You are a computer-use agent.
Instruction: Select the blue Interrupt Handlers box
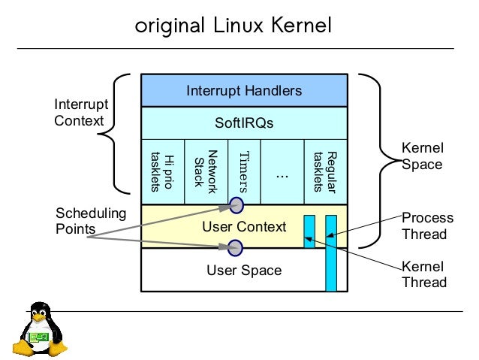pos(244,91)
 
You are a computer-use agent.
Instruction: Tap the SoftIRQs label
pos(244,123)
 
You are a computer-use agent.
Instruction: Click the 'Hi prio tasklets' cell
pos(163,171)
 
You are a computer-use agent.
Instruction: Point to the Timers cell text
pos(243,171)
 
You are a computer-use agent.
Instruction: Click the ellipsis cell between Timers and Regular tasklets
pos(282,173)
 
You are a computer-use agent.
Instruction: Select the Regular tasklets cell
pos(325,171)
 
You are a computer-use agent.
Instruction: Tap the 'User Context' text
pos(244,226)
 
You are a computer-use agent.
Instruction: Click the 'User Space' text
pos(244,271)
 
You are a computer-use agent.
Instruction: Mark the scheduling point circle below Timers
pos(236,204)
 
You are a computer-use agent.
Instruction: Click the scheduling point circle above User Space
pos(235,247)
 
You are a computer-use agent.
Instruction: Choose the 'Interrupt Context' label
pos(81,113)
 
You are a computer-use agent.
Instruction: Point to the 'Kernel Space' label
pos(421,156)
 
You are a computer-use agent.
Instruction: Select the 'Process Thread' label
pos(427,225)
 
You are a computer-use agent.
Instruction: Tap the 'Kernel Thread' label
pos(424,274)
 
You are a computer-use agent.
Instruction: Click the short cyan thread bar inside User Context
pos(309,231)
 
